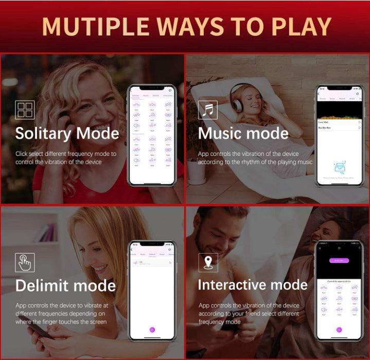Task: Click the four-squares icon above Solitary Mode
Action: click(25, 110)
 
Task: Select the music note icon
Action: click(208, 110)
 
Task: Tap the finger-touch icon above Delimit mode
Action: click(25, 262)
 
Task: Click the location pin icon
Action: click(208, 262)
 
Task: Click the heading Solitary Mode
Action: click(67, 134)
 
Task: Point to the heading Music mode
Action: click(243, 134)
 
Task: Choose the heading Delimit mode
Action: click(65, 285)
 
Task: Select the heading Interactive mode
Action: click(252, 285)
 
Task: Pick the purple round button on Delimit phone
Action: click(152, 329)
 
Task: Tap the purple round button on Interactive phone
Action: click(338, 330)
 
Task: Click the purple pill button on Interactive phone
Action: click(338, 260)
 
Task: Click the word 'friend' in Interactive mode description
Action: click(259, 314)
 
